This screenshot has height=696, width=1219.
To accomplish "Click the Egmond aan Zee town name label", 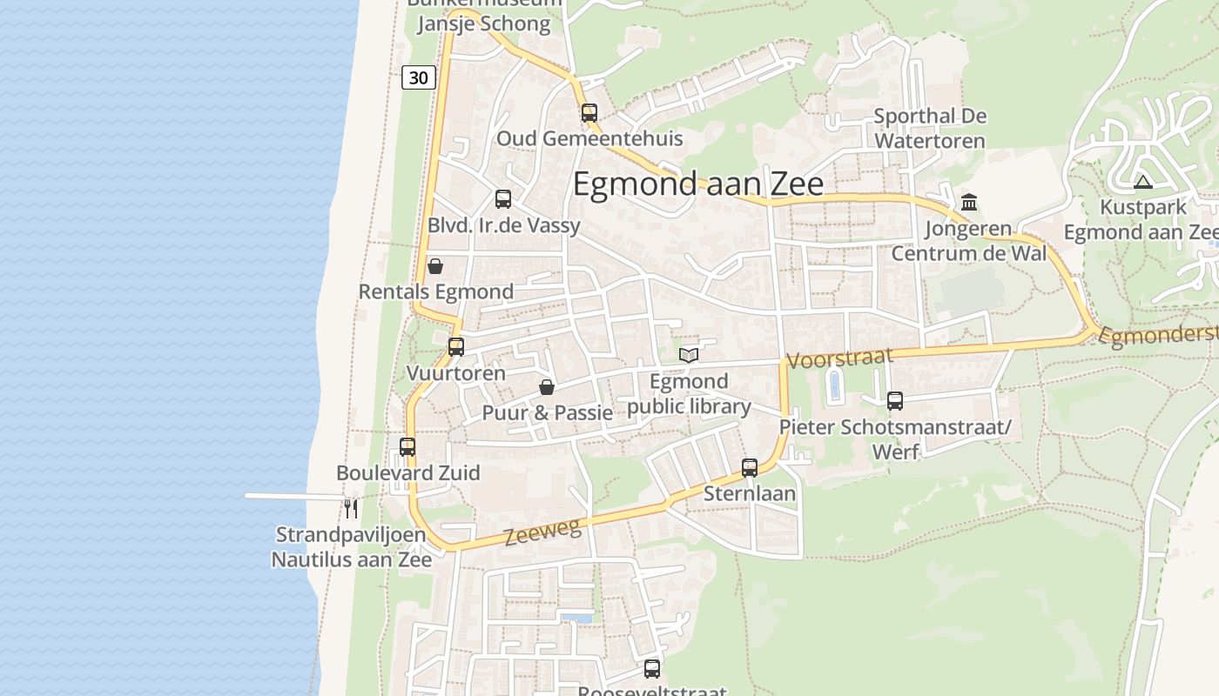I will click(697, 184).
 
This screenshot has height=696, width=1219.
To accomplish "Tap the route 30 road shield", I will click(419, 77).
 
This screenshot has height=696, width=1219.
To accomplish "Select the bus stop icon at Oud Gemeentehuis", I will click(589, 112).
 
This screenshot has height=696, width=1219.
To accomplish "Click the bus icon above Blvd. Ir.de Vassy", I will click(503, 198).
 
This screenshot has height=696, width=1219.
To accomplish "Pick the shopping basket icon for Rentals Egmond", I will click(435, 266).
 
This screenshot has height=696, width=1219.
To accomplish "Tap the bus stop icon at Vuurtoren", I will click(455, 346).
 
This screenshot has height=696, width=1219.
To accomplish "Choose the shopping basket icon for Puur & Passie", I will click(547, 386).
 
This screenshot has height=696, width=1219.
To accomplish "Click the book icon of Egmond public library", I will click(689, 355).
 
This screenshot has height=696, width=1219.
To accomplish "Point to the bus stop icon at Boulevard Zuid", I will click(407, 446).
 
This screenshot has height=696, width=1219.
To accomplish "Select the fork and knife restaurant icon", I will click(351, 507).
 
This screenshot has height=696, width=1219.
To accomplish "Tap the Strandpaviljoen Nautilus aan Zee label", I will click(351, 546).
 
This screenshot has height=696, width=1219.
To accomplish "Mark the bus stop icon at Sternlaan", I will click(750, 467).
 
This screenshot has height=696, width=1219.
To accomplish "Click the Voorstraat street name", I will click(839, 358).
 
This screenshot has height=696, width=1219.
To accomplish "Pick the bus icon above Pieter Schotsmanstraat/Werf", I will click(895, 400).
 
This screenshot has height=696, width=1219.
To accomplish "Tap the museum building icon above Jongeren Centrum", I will click(969, 202).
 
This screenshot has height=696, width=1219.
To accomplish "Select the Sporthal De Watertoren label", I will click(930, 128).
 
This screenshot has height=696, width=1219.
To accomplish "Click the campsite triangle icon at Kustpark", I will click(1143, 182).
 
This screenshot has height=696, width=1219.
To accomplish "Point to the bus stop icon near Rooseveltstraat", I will click(652, 668).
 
